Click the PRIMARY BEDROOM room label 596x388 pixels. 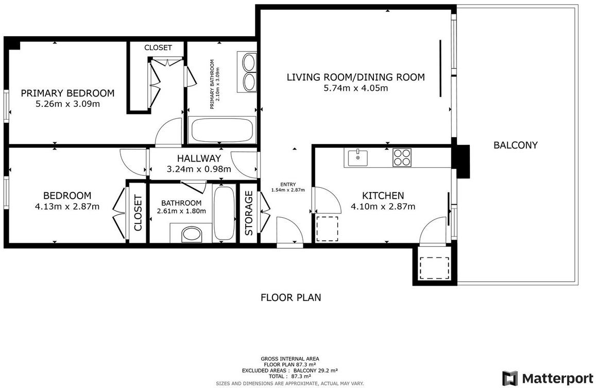(x=67, y=93)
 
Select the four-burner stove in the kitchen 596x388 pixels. (x=402, y=157)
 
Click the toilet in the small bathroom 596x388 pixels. (x=191, y=235)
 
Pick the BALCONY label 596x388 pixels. (x=516, y=145)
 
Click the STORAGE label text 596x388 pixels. (x=249, y=213)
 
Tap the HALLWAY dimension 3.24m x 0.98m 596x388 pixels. (x=199, y=169)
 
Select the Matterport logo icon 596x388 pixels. (x=510, y=378)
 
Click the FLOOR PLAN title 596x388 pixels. (x=291, y=297)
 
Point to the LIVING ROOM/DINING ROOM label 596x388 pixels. (x=356, y=77)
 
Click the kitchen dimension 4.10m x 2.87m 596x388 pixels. (x=383, y=207)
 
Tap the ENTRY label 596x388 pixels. (x=288, y=185)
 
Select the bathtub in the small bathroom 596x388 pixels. (x=224, y=213)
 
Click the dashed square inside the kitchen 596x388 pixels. (x=327, y=229)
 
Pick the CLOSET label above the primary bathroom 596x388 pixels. (x=158, y=47)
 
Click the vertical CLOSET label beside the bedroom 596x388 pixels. (x=138, y=213)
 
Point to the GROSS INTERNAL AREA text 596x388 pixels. (x=290, y=359)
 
